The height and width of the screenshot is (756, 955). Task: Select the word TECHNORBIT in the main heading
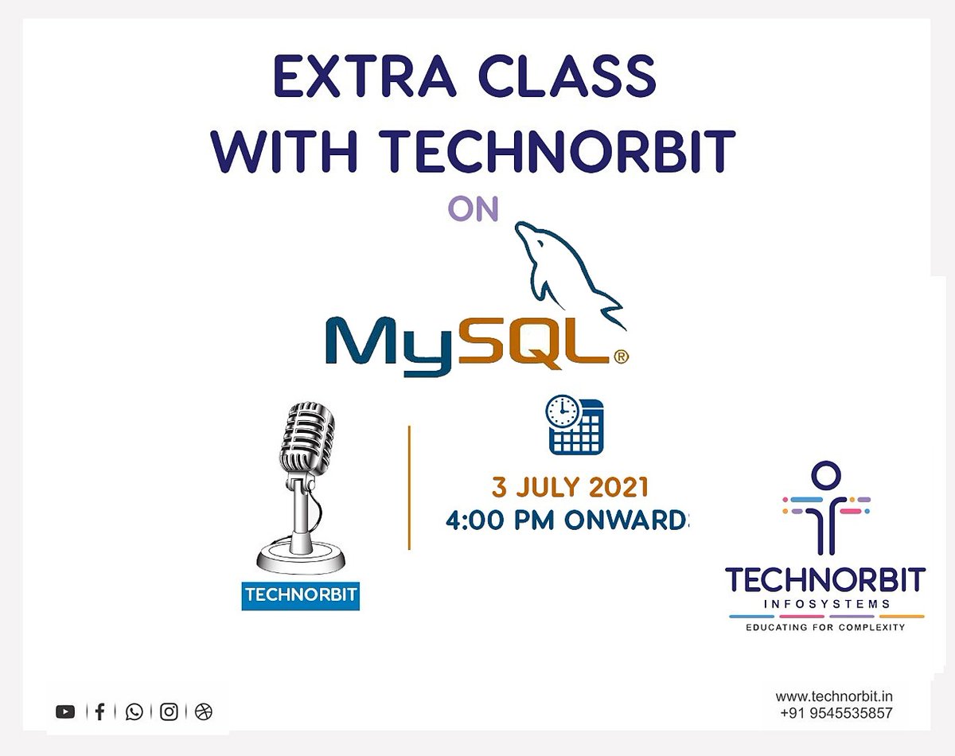pyautogui.click(x=560, y=151)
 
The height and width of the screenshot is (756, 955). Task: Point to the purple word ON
pyautogui.click(x=473, y=208)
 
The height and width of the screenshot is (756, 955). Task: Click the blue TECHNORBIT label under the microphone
pyautogui.click(x=300, y=595)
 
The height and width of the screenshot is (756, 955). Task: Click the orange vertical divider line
pyautogui.click(x=409, y=487)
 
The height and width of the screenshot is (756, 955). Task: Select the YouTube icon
pyautogui.click(x=65, y=712)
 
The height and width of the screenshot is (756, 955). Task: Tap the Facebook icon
pyautogui.click(x=99, y=712)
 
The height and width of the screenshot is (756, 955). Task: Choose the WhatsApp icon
pyautogui.click(x=134, y=712)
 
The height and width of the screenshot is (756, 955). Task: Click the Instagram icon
pyautogui.click(x=169, y=712)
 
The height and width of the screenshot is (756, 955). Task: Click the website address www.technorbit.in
pyautogui.click(x=834, y=697)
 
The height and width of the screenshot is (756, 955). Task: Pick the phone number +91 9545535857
pyautogui.click(x=836, y=714)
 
